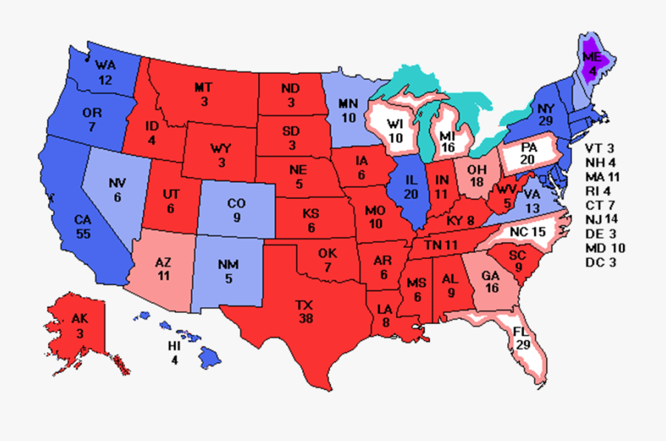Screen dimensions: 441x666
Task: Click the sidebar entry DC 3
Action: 600,262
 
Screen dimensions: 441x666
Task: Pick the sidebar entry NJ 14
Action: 602,220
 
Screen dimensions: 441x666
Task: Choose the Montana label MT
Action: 203,87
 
